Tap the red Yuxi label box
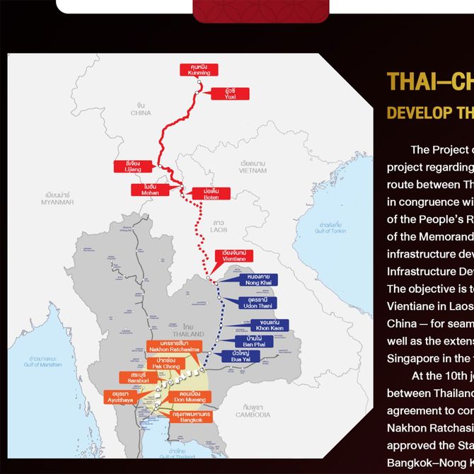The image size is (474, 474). click(231, 93)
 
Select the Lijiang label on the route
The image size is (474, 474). click(132, 166)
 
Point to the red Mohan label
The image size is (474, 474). click(149, 190)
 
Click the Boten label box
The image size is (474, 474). click(211, 193)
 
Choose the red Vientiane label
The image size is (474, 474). click(234, 256)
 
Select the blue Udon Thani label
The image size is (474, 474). click(258, 303)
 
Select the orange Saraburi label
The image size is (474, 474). click(134, 378)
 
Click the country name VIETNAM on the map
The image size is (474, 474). click(253, 167)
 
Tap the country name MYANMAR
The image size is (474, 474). click(58, 198)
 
